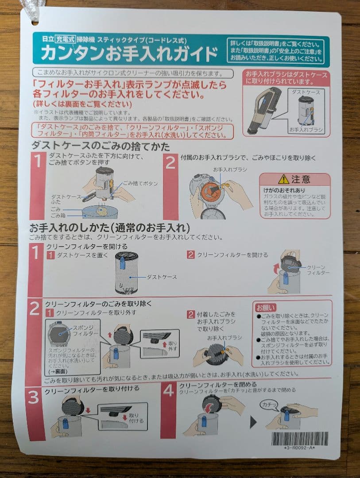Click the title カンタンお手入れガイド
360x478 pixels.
coord(129,54)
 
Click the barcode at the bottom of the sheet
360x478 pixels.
coord(299,438)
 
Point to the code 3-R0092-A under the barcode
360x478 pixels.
coord(299,448)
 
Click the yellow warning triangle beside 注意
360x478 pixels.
coord(283,179)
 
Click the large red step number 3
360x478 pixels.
coord(34,397)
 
